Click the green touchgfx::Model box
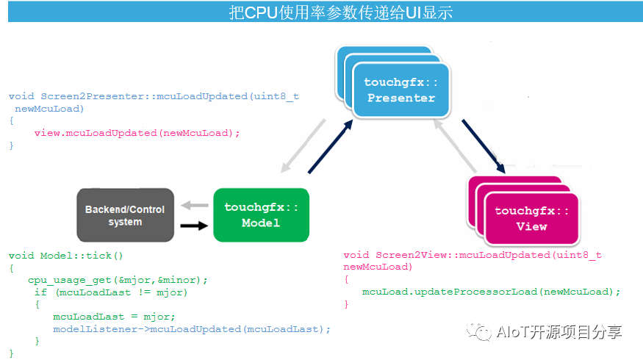coord(261,215)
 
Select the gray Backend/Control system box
coord(125,215)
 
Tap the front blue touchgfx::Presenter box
coord(401,90)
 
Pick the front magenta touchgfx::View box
coord(531,218)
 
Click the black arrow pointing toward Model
coord(194,226)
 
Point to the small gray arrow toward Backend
coord(195,205)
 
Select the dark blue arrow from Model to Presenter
coord(331,146)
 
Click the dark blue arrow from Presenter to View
coord(484,146)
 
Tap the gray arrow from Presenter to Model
coord(303,146)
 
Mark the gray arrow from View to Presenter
coord(455,145)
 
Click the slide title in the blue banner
coord(341,12)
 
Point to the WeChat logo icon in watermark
coord(478,331)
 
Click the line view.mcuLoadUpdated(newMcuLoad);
coord(137,133)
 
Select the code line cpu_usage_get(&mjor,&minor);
coord(118,280)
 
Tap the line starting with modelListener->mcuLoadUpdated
coord(192,329)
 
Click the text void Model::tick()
coord(65,256)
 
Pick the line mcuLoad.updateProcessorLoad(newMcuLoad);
coord(492,292)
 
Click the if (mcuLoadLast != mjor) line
coord(111,292)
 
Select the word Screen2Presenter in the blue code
coord(93,96)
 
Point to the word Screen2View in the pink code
coord(412,255)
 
